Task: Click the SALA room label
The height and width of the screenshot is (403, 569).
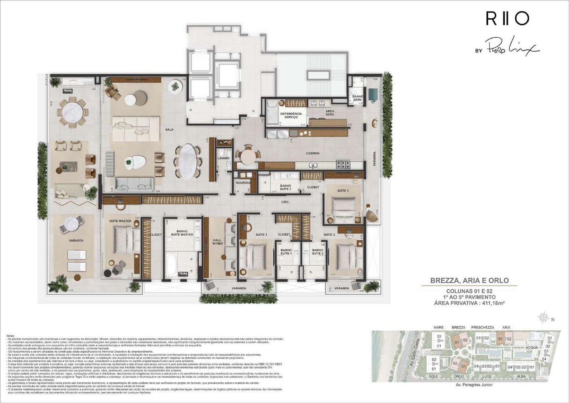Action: pyautogui.click(x=169, y=130)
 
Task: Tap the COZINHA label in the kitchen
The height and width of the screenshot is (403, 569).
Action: pyautogui.click(x=313, y=153)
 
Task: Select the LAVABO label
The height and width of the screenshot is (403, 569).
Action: pyautogui.click(x=224, y=158)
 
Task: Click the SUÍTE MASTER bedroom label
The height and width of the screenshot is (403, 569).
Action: pyautogui.click(x=120, y=221)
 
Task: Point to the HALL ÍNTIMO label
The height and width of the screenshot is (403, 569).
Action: pyautogui.click(x=218, y=242)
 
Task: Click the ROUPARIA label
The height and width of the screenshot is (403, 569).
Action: pyautogui.click(x=244, y=183)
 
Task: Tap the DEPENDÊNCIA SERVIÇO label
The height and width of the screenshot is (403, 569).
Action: pyautogui.click(x=291, y=115)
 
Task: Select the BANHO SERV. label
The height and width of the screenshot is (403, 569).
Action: pyautogui.click(x=357, y=98)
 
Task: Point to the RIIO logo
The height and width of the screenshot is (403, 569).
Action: pyautogui.click(x=507, y=19)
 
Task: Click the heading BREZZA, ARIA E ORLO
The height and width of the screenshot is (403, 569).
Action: pyautogui.click(x=469, y=280)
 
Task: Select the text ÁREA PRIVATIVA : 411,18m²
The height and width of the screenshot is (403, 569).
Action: pyautogui.click(x=469, y=303)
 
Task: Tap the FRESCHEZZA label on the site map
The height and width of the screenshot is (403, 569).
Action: pyautogui.click(x=482, y=327)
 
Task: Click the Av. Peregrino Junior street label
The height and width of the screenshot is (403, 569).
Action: pyautogui.click(x=474, y=385)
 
